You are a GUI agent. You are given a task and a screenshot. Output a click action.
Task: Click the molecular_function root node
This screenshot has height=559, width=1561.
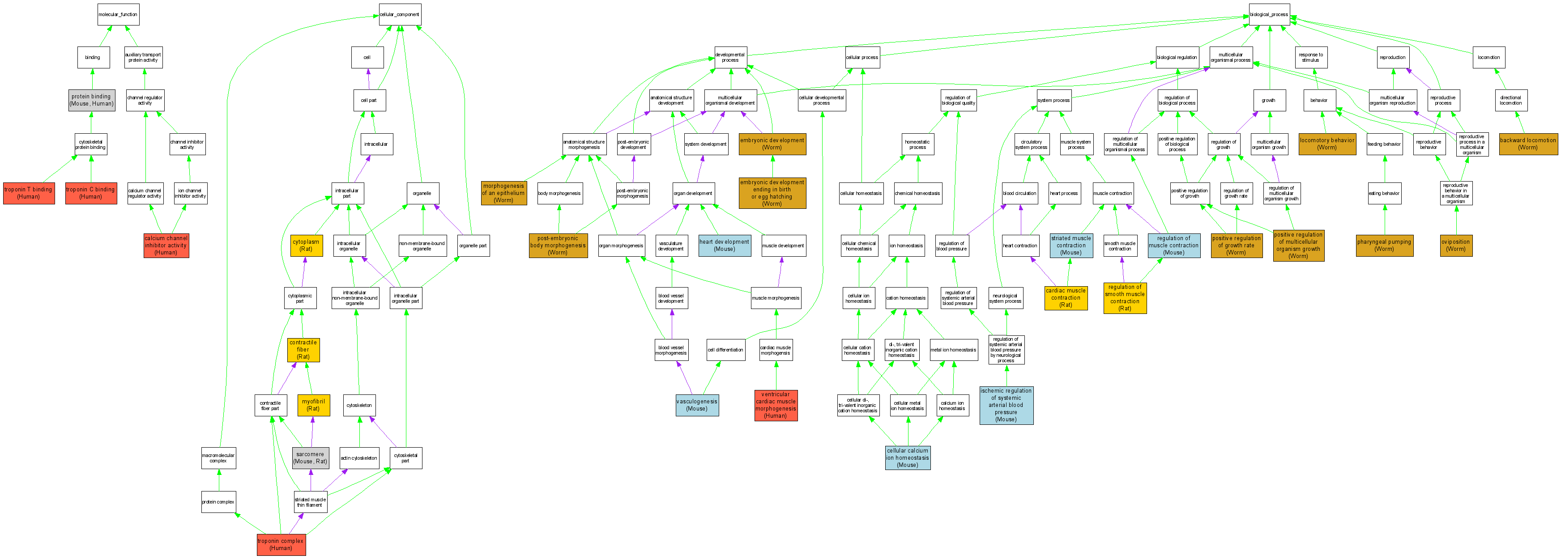118,15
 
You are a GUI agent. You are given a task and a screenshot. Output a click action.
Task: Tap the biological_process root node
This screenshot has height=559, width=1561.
1269,15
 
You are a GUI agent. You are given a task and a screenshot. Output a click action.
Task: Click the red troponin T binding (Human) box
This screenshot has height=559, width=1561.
29,193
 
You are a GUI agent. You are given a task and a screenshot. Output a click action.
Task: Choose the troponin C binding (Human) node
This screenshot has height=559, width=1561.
91,193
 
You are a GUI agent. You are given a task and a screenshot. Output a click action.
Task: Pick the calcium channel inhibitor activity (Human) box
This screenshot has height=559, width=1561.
166,245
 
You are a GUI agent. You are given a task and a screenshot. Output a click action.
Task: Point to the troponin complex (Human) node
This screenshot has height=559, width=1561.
281,544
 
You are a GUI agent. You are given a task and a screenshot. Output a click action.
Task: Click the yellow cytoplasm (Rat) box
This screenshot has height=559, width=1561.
306,245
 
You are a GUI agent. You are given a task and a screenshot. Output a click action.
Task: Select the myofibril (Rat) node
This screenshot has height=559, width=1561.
313,405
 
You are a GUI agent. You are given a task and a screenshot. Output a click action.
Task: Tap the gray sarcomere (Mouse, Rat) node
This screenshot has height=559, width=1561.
310,458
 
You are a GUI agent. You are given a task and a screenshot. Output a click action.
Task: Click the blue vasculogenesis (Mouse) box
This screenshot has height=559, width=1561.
697,405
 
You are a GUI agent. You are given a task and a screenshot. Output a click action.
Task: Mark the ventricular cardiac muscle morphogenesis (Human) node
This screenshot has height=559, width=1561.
776,405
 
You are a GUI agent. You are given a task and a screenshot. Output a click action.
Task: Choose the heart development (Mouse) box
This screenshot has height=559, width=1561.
724,245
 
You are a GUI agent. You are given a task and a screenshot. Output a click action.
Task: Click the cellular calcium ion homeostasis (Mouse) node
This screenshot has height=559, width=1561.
907,458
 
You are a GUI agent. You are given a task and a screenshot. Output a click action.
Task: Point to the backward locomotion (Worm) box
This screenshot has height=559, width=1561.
1528,144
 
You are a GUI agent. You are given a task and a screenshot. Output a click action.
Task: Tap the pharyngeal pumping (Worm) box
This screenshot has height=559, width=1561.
1384,245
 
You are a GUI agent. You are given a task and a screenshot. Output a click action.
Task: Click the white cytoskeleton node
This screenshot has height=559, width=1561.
359,405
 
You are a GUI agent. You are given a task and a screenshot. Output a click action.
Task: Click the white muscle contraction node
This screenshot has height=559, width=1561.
1112,193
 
